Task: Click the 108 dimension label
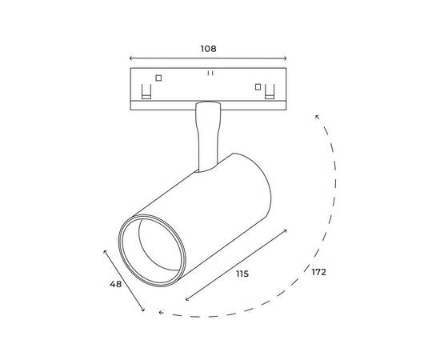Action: [x=208, y=49]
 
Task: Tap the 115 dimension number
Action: [x=242, y=274]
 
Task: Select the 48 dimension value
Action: [x=116, y=284]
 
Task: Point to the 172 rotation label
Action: [x=319, y=272]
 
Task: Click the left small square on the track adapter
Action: [x=158, y=78]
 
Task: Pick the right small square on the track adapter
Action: [x=258, y=87]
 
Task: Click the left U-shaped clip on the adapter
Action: [x=146, y=91]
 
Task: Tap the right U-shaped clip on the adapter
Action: [x=270, y=91]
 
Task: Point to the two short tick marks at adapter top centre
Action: [x=210, y=74]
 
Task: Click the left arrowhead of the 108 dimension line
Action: [x=130, y=58]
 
